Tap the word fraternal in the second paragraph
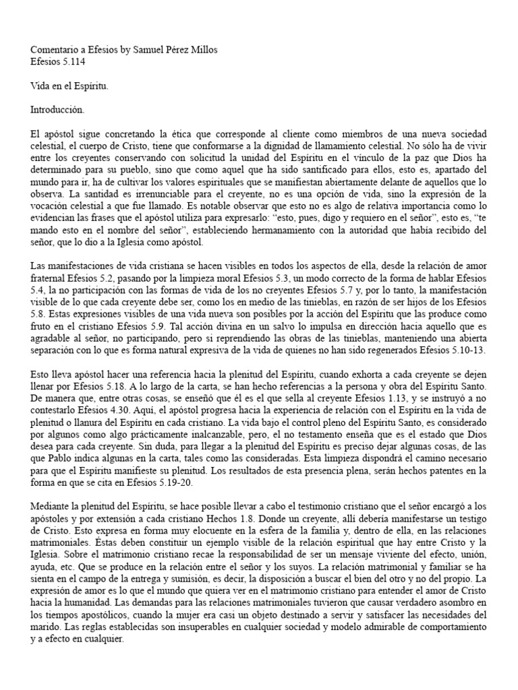(51, 279)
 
